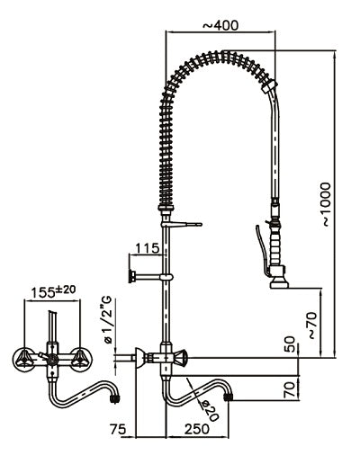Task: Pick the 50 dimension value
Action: click(288, 345)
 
